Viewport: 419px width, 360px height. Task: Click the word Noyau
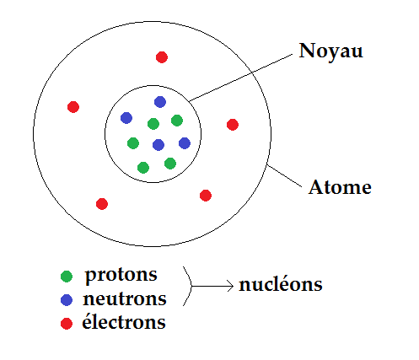pos(330,52)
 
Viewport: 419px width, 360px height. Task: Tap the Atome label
pos(340,187)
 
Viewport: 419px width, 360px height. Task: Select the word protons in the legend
pos(121,275)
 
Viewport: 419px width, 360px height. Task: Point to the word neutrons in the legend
pos(125,298)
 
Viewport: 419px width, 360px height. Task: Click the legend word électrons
pos(124,321)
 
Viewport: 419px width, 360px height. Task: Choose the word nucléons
pos(281,284)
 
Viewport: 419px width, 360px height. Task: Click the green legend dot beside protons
pos(67,277)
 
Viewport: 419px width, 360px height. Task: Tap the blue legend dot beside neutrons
pos(67,300)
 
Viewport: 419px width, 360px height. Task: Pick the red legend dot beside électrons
pos(67,324)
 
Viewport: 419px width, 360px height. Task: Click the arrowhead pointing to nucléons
pos(231,286)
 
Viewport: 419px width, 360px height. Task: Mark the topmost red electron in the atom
pos(162,57)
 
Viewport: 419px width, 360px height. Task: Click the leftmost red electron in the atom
pos(73,107)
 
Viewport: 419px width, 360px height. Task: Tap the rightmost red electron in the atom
pos(233,125)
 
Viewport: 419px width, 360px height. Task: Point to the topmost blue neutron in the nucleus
pos(160,102)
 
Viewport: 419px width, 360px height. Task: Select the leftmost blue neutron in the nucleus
pos(126,118)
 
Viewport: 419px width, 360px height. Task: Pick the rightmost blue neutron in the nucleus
pos(185,143)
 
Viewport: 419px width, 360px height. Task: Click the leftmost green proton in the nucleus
pos(133,143)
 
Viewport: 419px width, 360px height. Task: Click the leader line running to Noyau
pos(241,78)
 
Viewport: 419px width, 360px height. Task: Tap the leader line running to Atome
pos(284,176)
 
